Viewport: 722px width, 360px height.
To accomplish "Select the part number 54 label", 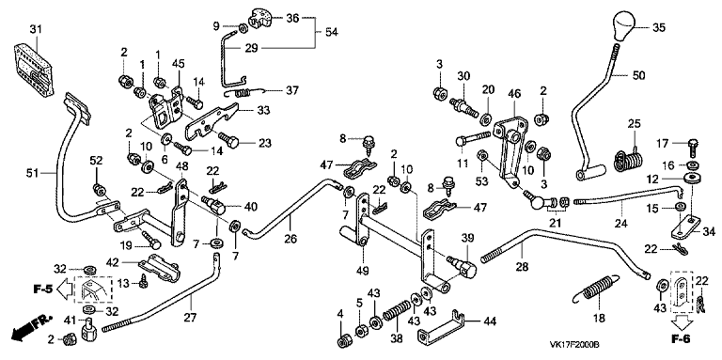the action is (x=331, y=33).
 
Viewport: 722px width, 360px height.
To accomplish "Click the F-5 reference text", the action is (x=43, y=290).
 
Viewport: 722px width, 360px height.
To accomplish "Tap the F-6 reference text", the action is (x=681, y=339).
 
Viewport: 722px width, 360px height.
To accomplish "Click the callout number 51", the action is (x=33, y=173).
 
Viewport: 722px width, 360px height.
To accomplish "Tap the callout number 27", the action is (x=191, y=317).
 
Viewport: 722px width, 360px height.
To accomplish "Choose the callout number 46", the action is (x=514, y=94).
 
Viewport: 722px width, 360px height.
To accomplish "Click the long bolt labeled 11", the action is (x=474, y=138).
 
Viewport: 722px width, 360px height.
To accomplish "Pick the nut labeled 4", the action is (x=342, y=341).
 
